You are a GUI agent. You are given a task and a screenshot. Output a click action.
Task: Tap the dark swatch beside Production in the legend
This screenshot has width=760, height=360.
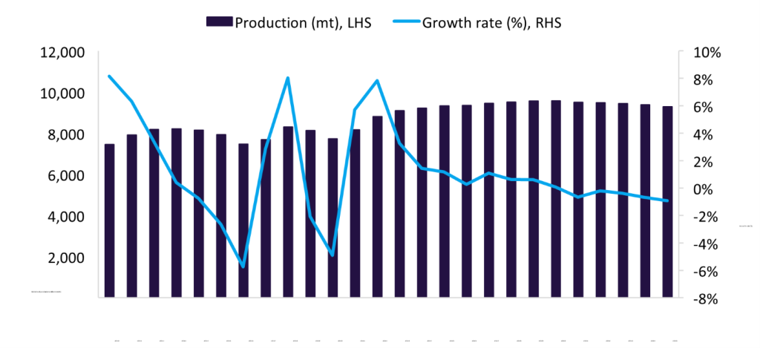(220, 22)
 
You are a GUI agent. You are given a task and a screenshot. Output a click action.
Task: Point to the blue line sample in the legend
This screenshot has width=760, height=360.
(404, 22)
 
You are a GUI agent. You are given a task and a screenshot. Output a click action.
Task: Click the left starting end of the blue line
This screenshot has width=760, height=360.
(110, 76)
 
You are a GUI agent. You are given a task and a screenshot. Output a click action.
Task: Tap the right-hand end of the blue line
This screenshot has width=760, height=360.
(667, 200)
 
